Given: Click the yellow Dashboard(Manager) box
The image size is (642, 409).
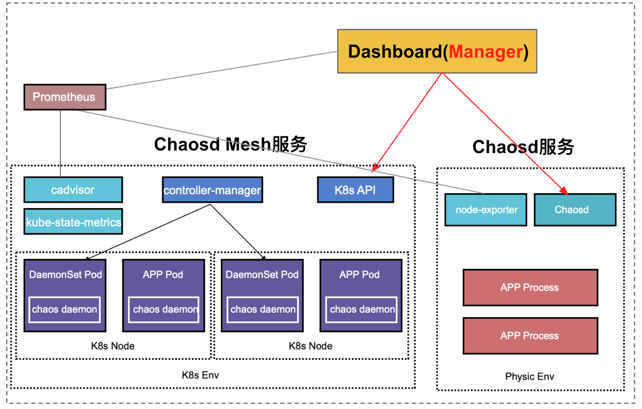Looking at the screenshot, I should [x=437, y=51].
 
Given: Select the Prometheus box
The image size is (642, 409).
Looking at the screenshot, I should [x=65, y=97].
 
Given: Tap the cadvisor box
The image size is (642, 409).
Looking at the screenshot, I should [x=73, y=190].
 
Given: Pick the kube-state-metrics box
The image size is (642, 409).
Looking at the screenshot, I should [x=73, y=222].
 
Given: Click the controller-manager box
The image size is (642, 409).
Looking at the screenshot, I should [x=212, y=190].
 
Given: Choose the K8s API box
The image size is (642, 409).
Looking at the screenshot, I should [x=355, y=190].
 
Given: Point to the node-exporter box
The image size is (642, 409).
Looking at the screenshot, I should [x=486, y=210].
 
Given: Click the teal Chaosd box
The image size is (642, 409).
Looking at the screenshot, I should [x=575, y=210].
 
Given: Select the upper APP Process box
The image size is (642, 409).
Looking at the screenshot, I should [x=530, y=287].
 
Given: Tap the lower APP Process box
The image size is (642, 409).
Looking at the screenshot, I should [x=530, y=336].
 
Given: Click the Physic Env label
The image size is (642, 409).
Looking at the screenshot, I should [x=530, y=377].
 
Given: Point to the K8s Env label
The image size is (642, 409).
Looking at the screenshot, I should [x=200, y=375].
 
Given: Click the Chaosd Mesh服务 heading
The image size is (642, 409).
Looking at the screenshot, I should [x=230, y=145].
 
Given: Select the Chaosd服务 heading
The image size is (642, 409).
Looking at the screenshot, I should [x=523, y=147].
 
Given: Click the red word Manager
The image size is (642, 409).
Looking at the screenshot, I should [x=486, y=52].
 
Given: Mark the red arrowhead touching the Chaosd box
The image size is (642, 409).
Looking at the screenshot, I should [x=564, y=191].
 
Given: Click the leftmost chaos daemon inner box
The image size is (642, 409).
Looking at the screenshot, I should [x=64, y=310].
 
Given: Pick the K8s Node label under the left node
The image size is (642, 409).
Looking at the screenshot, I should [x=113, y=346].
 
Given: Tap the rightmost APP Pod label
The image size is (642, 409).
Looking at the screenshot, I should [x=359, y=274].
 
